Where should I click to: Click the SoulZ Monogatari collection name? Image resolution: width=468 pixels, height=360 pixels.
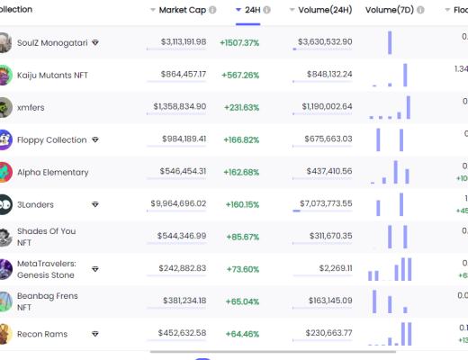[51, 42]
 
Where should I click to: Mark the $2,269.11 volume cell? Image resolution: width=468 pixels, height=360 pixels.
[336, 269]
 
